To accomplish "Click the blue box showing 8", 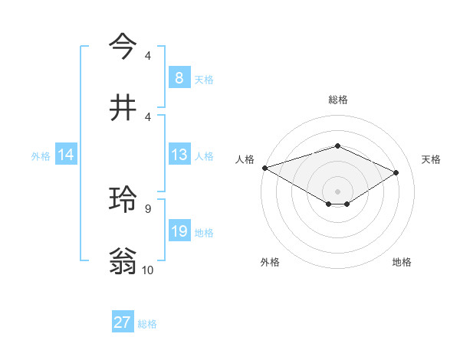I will click(179, 77).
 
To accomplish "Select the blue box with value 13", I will click(179, 155).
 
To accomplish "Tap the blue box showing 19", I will click(179, 231).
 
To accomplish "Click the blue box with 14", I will click(66, 155).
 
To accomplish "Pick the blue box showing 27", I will click(123, 322).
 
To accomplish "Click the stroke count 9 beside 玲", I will click(147, 208).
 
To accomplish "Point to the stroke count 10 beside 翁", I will click(148, 270).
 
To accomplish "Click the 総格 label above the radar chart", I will click(338, 100).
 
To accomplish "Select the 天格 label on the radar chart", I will click(431, 159).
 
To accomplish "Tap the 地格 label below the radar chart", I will click(402, 262).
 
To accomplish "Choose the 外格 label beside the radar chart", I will click(270, 262).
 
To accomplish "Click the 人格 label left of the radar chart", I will click(245, 159).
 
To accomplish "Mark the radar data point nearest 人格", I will click(264, 168).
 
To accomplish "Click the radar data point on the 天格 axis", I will click(396, 172).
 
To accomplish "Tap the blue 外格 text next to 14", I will click(41, 155).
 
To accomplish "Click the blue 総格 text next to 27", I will click(147, 323).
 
